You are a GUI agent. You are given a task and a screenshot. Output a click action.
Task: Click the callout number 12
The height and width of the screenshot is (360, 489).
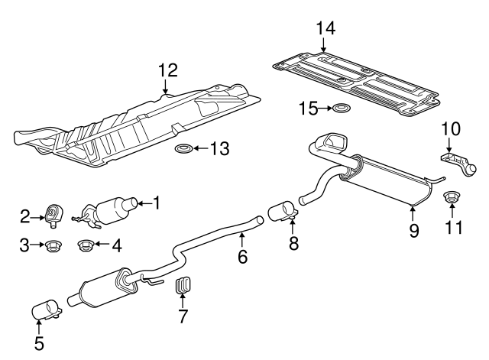click(167, 70)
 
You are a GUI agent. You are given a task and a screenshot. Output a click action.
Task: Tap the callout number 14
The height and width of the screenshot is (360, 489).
click(325, 28)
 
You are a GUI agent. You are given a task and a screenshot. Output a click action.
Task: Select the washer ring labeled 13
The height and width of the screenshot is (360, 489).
click(184, 148)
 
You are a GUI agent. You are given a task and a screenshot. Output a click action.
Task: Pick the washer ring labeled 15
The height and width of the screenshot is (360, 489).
click(340, 109)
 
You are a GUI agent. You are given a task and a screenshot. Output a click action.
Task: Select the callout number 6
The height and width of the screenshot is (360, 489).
click(242, 257)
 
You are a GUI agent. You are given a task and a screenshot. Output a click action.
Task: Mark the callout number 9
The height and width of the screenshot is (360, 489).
click(413, 229)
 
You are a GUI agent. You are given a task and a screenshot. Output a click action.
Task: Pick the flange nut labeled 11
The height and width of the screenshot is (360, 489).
click(452, 200)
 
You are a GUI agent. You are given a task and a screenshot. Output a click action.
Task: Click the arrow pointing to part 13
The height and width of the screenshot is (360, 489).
click(202, 148)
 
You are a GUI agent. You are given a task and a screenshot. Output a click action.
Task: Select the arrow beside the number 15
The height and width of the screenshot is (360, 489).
click(324, 109)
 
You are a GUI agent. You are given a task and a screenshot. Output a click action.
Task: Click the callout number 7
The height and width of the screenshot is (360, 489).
click(183, 316)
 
